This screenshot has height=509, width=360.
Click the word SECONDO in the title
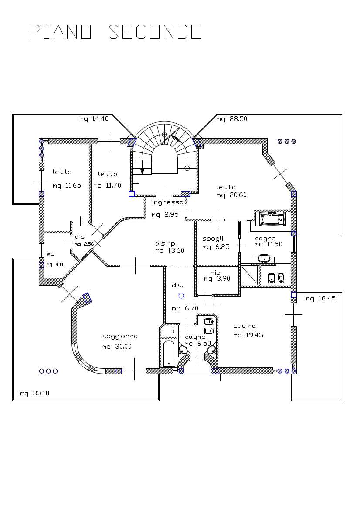click(x=155, y=32)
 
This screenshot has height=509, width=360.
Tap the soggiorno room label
click(x=120, y=337)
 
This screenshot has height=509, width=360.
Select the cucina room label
click(x=245, y=326)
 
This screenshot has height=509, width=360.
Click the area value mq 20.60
click(x=232, y=195)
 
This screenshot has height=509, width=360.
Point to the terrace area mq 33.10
click(x=34, y=394)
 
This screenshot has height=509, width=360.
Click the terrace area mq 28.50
click(x=232, y=119)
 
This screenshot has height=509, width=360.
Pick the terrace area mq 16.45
click(x=321, y=298)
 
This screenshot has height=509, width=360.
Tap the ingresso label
click(x=168, y=202)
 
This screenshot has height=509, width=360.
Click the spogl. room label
click(x=214, y=239)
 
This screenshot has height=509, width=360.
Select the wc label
click(x=51, y=254)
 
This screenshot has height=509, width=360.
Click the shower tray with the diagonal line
click(x=250, y=275)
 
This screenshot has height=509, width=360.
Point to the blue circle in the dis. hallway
click(x=181, y=295)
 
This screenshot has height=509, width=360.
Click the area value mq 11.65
click(x=67, y=185)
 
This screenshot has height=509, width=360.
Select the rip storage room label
click(x=215, y=273)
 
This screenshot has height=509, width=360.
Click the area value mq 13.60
click(x=170, y=251)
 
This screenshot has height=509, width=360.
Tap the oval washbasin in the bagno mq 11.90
click(x=264, y=259)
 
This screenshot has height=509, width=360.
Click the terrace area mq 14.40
click(x=94, y=119)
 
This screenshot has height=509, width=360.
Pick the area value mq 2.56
click(x=84, y=244)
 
